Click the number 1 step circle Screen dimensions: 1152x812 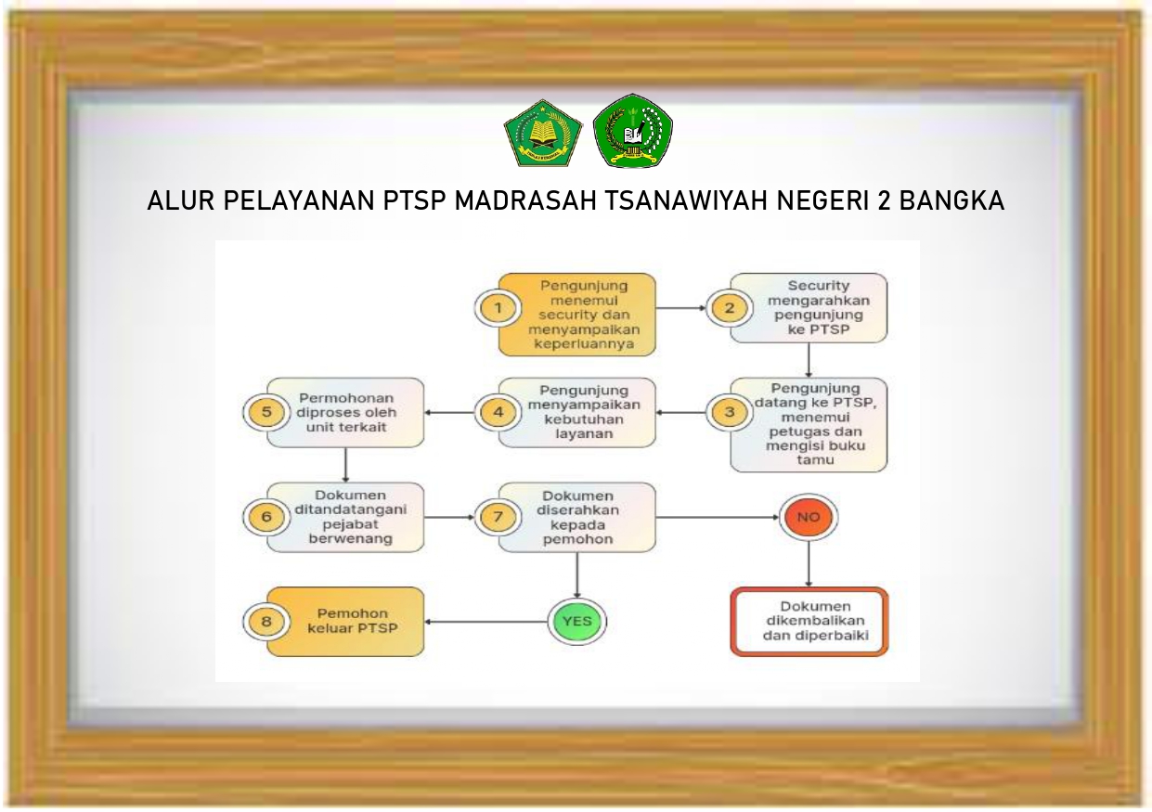click(498, 308)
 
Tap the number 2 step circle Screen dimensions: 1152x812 click(730, 308)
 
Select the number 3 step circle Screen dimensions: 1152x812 click(730, 412)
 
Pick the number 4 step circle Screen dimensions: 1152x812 click(498, 412)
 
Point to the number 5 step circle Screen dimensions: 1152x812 click(266, 412)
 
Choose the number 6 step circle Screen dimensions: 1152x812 click(266, 517)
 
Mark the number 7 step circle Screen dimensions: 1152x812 click(498, 517)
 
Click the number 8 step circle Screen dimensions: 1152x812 click(266, 621)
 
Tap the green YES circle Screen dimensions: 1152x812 click(577, 621)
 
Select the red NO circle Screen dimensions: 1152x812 click(809, 517)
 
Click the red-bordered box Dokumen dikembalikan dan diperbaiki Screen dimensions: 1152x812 click(809, 622)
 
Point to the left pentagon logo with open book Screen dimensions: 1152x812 click(543, 133)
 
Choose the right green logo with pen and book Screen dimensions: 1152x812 click(633, 131)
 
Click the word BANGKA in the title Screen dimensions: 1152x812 click(951, 200)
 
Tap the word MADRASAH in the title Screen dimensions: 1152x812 click(525, 200)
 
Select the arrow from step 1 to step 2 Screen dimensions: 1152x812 click(681, 308)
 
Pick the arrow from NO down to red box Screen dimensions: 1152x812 click(809, 563)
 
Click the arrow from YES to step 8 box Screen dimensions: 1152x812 click(486, 622)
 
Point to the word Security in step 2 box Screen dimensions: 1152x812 click(819, 286)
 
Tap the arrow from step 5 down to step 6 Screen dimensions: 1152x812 click(345, 465)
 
